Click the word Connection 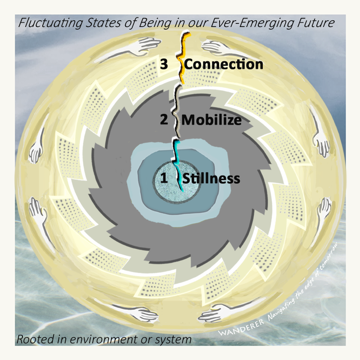click(x=224, y=64)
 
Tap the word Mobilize click(x=211, y=121)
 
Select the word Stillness click(x=211, y=179)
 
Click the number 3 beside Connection click(x=164, y=64)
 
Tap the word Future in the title click(x=318, y=22)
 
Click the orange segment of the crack click(x=182, y=63)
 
